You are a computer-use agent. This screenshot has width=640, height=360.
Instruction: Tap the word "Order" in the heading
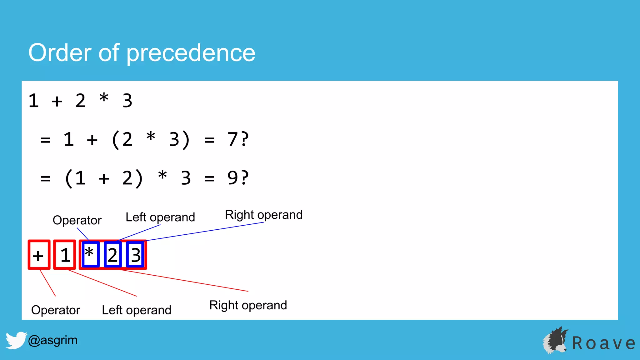point(60,52)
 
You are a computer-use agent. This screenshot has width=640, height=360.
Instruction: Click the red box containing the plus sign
point(39,255)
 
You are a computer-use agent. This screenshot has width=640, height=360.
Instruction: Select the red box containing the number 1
point(65,255)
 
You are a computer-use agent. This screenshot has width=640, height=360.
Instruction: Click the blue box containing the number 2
point(112,255)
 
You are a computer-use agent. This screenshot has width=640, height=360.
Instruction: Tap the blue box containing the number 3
point(136,255)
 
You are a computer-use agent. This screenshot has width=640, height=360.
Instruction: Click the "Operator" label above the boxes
point(77,220)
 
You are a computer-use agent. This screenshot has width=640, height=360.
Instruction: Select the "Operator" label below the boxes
point(56,310)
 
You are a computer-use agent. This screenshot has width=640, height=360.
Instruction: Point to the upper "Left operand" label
point(160,217)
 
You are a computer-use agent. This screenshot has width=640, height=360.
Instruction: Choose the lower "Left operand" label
point(137,310)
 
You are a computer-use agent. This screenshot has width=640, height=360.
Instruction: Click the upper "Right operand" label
point(264,215)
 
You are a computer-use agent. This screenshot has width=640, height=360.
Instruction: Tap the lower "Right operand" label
point(248,305)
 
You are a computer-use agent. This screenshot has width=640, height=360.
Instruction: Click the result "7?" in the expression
point(238,139)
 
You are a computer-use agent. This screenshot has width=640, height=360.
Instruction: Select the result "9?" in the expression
point(238,178)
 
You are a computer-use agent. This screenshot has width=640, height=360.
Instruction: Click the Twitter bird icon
point(16,340)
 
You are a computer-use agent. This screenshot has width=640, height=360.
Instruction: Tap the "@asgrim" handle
point(52,340)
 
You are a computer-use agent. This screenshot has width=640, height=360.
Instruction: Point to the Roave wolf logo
point(555,341)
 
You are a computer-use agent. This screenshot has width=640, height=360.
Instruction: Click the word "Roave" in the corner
point(603,343)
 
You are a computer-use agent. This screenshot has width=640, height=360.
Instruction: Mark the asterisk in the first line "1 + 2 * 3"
point(104,98)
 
